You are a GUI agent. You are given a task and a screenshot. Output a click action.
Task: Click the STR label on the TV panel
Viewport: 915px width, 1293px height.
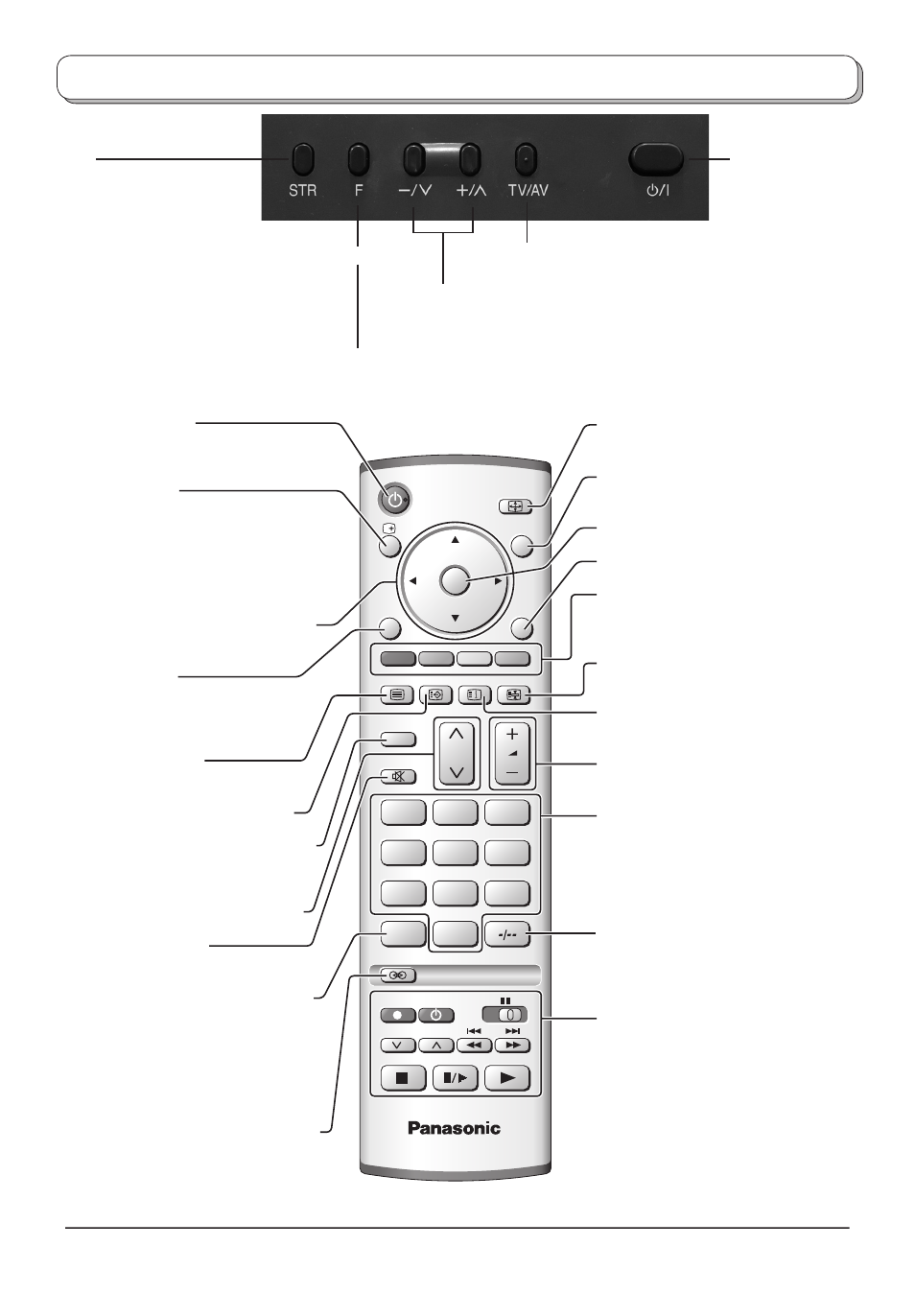click(302, 191)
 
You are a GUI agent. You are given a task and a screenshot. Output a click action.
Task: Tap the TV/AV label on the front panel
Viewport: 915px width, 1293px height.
click(528, 191)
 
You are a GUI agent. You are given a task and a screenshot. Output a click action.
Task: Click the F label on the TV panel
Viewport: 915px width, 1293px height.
click(359, 191)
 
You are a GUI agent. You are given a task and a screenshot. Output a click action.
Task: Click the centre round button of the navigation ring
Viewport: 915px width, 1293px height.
click(455, 580)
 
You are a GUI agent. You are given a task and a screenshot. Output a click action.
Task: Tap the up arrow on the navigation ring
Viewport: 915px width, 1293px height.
click(455, 540)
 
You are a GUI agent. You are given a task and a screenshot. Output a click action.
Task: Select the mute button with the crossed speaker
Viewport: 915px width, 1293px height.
click(398, 777)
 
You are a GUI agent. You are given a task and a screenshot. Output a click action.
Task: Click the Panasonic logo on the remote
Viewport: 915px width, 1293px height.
click(455, 1128)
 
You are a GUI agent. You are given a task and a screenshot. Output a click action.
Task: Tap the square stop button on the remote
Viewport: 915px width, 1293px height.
click(403, 1078)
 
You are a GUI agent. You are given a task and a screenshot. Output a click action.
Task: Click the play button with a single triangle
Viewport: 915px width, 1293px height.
click(507, 1078)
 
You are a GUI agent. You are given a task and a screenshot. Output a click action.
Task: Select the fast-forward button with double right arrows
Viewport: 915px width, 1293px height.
click(512, 1046)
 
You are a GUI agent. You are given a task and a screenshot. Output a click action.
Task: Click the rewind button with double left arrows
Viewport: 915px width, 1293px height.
click(475, 1046)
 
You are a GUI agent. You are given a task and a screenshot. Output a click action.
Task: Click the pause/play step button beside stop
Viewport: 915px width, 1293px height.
click(455, 1078)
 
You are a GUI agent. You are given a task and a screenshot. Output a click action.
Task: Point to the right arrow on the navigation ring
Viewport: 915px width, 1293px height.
click(498, 581)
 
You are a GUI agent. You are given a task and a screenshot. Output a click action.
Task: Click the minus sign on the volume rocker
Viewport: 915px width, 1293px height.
click(512, 772)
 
